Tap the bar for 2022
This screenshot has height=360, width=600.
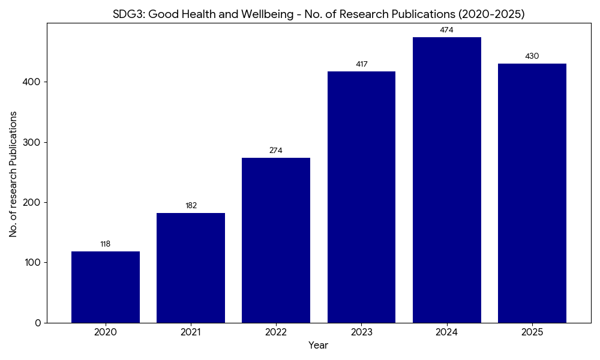point(276,240)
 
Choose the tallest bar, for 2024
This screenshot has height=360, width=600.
point(446,180)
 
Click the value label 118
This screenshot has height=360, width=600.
point(106,244)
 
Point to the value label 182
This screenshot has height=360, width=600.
point(191,206)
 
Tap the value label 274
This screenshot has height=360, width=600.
point(276,151)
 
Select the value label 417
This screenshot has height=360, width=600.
point(361,64)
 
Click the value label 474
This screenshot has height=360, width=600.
point(446,30)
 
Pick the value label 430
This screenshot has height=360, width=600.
point(532,56)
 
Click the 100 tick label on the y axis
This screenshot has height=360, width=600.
point(34,263)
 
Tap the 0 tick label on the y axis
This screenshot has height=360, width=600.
point(38,323)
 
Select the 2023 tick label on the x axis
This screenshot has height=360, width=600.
point(361,332)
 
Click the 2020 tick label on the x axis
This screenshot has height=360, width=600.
point(106,332)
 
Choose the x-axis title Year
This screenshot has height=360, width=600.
point(318,346)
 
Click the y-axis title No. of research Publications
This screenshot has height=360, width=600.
point(13,174)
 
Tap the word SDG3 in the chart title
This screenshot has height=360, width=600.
point(127,14)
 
